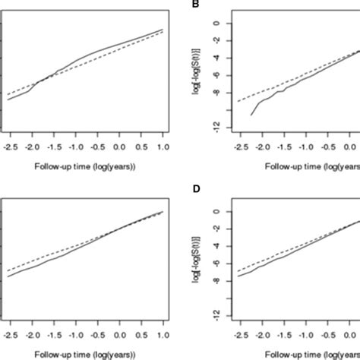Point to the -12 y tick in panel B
216,128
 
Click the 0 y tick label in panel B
216,24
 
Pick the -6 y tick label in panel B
216,76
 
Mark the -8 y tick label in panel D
216,282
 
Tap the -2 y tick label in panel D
216,229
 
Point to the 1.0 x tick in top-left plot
162,144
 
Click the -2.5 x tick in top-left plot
8,144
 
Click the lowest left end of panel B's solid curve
251,115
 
